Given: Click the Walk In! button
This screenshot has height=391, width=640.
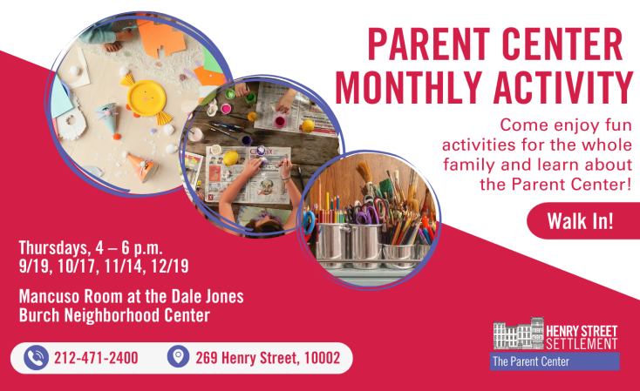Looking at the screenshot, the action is [582, 220].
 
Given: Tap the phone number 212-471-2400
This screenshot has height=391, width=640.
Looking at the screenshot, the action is [96, 358].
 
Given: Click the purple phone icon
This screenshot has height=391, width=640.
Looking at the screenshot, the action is [36, 358].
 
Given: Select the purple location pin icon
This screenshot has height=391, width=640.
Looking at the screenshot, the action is [179, 356].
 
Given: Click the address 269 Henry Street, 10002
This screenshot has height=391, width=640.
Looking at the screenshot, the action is [268, 358].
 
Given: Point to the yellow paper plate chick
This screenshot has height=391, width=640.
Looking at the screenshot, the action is [146, 99].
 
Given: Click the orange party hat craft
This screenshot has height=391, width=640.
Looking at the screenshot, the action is [142, 166].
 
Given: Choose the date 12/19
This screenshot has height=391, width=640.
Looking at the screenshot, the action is [170, 266].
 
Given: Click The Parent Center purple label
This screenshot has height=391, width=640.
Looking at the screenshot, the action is [555, 361].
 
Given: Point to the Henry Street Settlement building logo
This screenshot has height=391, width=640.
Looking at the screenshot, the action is [519, 334].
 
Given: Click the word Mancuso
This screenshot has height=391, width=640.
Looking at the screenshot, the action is [50, 296].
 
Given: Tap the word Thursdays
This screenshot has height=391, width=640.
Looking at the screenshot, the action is [52, 248].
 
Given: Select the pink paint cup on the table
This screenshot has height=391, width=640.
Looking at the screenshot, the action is [280, 121].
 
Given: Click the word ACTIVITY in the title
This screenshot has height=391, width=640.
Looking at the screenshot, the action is [563, 87].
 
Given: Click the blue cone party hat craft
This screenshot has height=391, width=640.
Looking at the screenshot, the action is [108, 118].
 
